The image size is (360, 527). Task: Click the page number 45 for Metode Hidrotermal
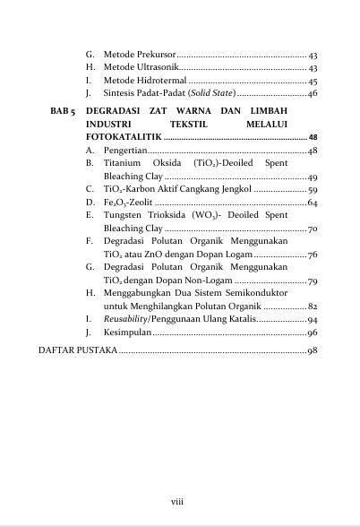point(313,81)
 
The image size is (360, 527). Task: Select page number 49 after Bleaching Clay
point(313,177)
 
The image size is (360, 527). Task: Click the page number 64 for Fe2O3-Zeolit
point(313,203)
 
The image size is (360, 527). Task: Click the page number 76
point(313,255)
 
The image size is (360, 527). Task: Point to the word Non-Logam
point(197,281)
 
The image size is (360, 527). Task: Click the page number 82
point(313,307)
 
